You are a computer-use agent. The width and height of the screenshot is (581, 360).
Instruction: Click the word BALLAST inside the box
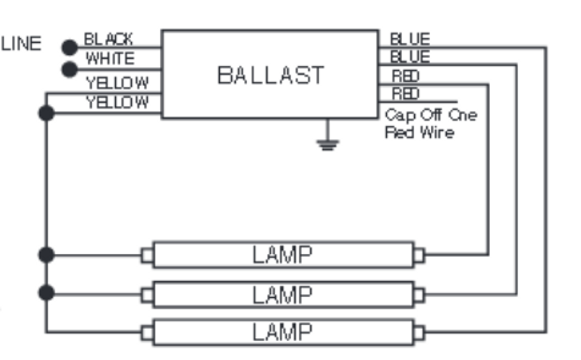tap(271, 75)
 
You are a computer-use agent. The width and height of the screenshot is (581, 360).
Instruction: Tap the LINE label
tap(21, 44)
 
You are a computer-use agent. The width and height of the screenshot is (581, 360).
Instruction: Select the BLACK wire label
tap(108, 39)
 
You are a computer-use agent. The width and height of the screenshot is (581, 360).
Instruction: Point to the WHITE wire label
tap(110, 59)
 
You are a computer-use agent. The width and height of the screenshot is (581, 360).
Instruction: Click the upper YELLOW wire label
tap(117, 83)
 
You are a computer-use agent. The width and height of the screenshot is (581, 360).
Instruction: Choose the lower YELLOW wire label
tap(117, 102)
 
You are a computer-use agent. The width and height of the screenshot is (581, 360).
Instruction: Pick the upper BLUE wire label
tap(410, 39)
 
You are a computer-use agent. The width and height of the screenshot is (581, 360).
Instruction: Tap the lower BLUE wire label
tap(410, 57)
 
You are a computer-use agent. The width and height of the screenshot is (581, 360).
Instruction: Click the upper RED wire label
tap(405, 75)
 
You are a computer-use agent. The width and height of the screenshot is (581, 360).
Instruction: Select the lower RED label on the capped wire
tap(405, 94)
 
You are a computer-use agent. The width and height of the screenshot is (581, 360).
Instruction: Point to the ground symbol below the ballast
tap(327, 144)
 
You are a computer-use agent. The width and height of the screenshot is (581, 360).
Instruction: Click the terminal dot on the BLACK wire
tap(69, 47)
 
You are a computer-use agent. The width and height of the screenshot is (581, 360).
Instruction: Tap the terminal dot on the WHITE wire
tap(69, 69)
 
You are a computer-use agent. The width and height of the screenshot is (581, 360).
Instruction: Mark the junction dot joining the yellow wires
tap(46, 113)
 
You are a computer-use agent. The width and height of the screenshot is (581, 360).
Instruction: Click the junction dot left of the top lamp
tap(46, 255)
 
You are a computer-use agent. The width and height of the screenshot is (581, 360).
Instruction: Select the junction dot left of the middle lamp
tap(46, 293)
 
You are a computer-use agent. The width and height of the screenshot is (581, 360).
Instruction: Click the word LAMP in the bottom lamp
tap(282, 332)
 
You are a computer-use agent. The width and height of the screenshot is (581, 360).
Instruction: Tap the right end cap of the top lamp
tap(419, 255)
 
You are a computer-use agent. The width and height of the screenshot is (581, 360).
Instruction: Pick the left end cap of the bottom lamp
tap(147, 333)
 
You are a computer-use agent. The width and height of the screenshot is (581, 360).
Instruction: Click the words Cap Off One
tap(430, 115)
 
